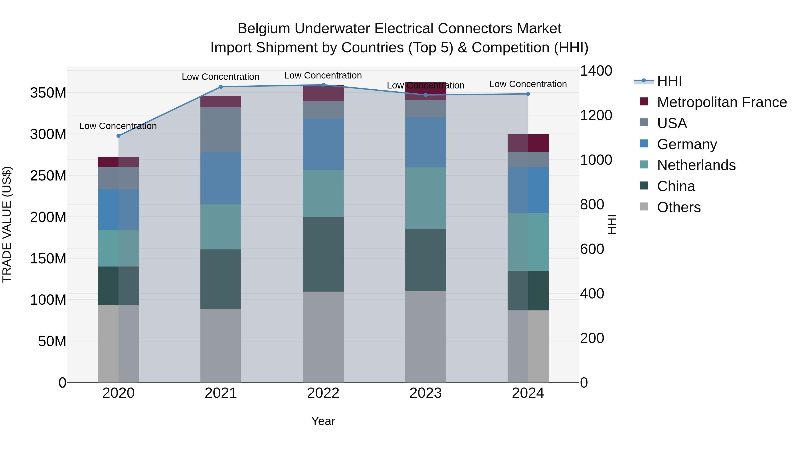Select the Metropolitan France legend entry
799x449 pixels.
(x=722, y=102)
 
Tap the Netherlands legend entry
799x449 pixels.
(x=696, y=165)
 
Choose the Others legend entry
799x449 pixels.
(x=679, y=207)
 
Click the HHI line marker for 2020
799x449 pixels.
(x=118, y=136)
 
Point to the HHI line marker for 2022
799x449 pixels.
(x=323, y=85)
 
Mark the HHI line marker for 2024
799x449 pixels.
(x=528, y=94)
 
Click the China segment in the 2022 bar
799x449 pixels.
(x=323, y=254)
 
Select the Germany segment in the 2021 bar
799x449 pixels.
(x=221, y=178)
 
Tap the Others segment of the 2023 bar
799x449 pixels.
(x=425, y=337)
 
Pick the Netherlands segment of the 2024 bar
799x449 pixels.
(x=528, y=242)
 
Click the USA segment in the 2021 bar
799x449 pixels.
(x=221, y=129)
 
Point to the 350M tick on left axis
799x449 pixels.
(x=48, y=93)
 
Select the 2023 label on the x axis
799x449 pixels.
(x=425, y=393)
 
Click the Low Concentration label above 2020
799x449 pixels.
(x=118, y=126)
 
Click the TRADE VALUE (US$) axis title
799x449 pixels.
(x=7, y=224)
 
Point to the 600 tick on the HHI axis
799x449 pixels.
(x=592, y=249)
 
